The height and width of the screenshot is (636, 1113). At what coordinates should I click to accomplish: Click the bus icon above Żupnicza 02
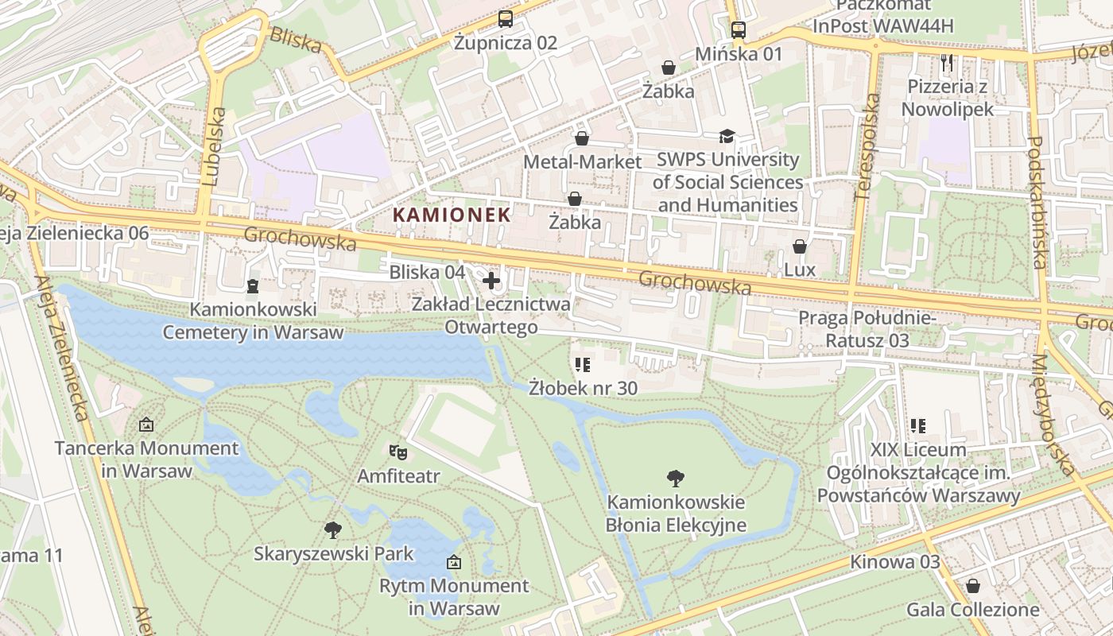pos(505,18)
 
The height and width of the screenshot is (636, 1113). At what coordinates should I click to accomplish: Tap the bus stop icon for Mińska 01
pos(739,30)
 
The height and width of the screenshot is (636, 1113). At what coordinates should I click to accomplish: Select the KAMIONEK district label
pos(451,215)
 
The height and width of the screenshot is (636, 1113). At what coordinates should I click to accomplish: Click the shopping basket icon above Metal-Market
pos(582,138)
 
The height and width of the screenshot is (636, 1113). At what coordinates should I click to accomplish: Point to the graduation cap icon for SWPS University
pos(727,137)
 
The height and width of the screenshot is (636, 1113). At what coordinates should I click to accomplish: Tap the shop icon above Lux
pos(799,246)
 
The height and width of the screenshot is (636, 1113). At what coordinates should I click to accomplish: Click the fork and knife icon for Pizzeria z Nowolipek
pos(946,63)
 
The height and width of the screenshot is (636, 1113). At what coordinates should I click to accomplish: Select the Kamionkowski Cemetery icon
pos(253,285)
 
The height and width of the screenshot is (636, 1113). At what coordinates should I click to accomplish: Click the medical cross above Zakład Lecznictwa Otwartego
pos(491,280)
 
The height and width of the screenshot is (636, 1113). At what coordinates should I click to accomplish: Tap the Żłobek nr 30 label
pos(584,388)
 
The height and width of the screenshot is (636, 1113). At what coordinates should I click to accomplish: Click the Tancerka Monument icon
pos(145,425)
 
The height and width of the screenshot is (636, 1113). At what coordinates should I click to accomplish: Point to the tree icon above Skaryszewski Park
pos(333,529)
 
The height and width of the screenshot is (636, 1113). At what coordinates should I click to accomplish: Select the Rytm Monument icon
pos(453,563)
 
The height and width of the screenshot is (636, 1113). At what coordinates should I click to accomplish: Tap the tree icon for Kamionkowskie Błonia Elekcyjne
pos(676,478)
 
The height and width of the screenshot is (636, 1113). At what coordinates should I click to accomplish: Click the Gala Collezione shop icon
pos(972,587)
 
